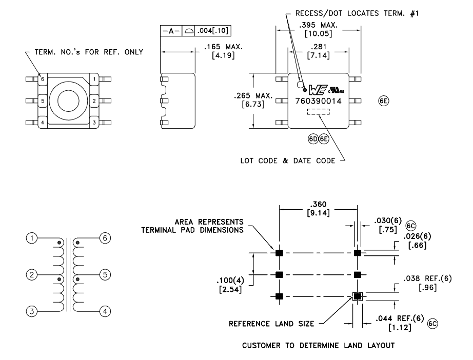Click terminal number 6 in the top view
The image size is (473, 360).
(43, 79)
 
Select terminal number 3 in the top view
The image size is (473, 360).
(94, 123)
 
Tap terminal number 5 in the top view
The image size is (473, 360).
(43, 101)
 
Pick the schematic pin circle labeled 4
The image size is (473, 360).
(104, 311)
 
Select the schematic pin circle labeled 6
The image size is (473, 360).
(104, 239)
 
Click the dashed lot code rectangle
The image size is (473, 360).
(318, 112)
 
